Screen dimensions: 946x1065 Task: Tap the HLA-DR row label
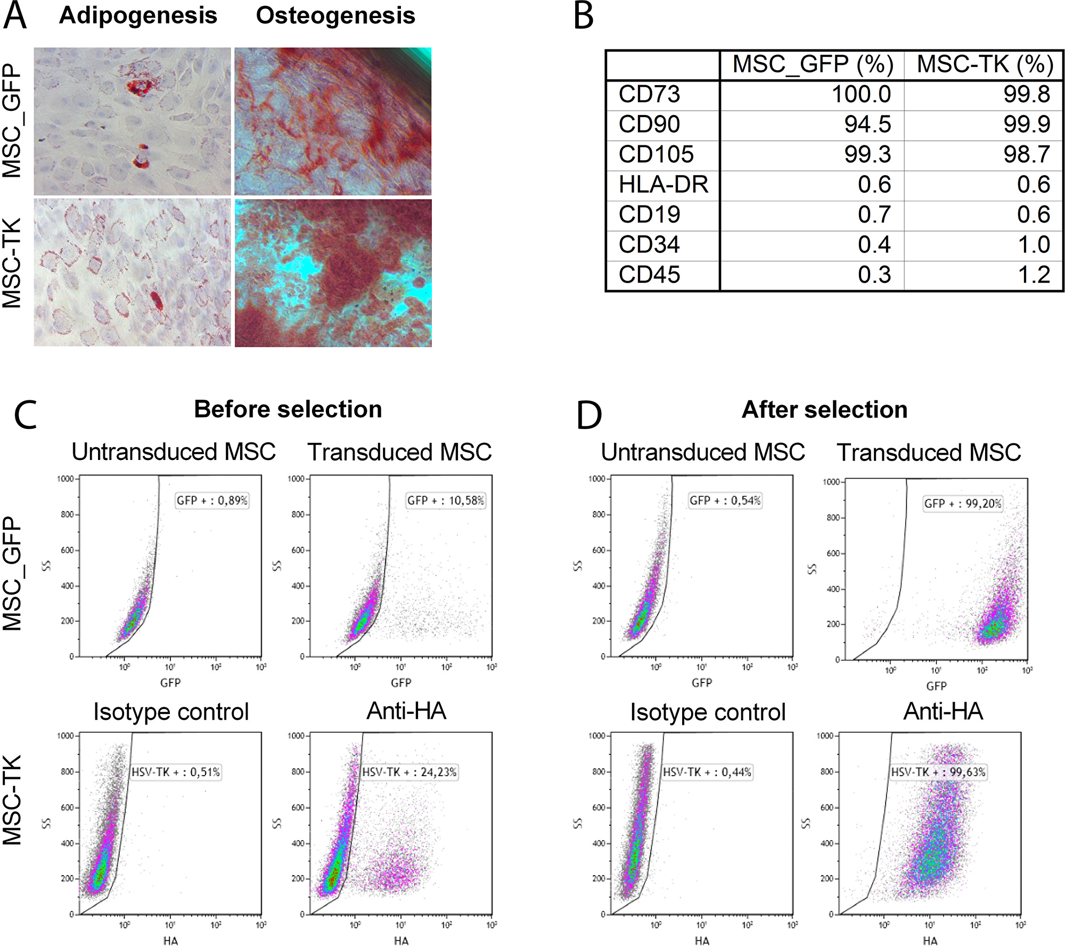[663, 185]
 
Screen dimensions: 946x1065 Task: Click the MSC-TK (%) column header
[985, 64]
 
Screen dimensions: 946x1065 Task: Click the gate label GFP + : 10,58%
[446, 500]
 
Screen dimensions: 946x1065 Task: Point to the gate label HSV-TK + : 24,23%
[409, 772]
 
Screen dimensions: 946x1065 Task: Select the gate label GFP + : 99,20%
[963, 504]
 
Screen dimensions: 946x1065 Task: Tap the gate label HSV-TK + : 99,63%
[939, 772]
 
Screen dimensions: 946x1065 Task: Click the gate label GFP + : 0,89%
[212, 500]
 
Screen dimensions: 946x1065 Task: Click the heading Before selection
[288, 409]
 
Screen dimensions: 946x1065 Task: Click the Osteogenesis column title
[335, 15]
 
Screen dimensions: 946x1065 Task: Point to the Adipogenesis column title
[138, 15]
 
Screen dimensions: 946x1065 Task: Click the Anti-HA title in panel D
[943, 711]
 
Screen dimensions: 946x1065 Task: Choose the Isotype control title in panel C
[171, 712]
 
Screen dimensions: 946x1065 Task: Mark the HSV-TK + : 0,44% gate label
[707, 772]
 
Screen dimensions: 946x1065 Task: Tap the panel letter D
[589, 416]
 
